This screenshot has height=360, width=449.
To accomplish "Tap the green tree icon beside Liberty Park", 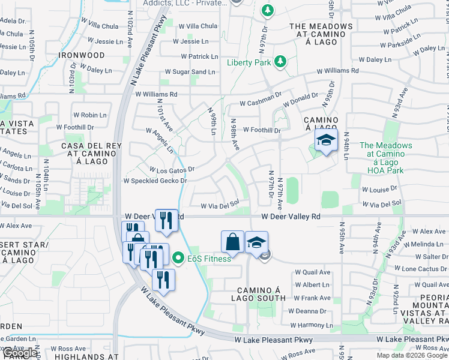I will click(279, 61).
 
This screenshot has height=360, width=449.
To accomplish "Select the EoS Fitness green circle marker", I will click(178, 259).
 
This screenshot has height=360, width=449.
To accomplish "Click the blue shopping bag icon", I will click(232, 241).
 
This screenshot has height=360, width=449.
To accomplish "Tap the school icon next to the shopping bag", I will click(256, 242).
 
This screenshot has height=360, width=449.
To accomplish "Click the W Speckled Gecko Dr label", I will click(155, 181).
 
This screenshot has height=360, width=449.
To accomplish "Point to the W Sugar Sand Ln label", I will click(194, 72).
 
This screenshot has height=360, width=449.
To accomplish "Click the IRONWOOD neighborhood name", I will click(82, 55).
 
